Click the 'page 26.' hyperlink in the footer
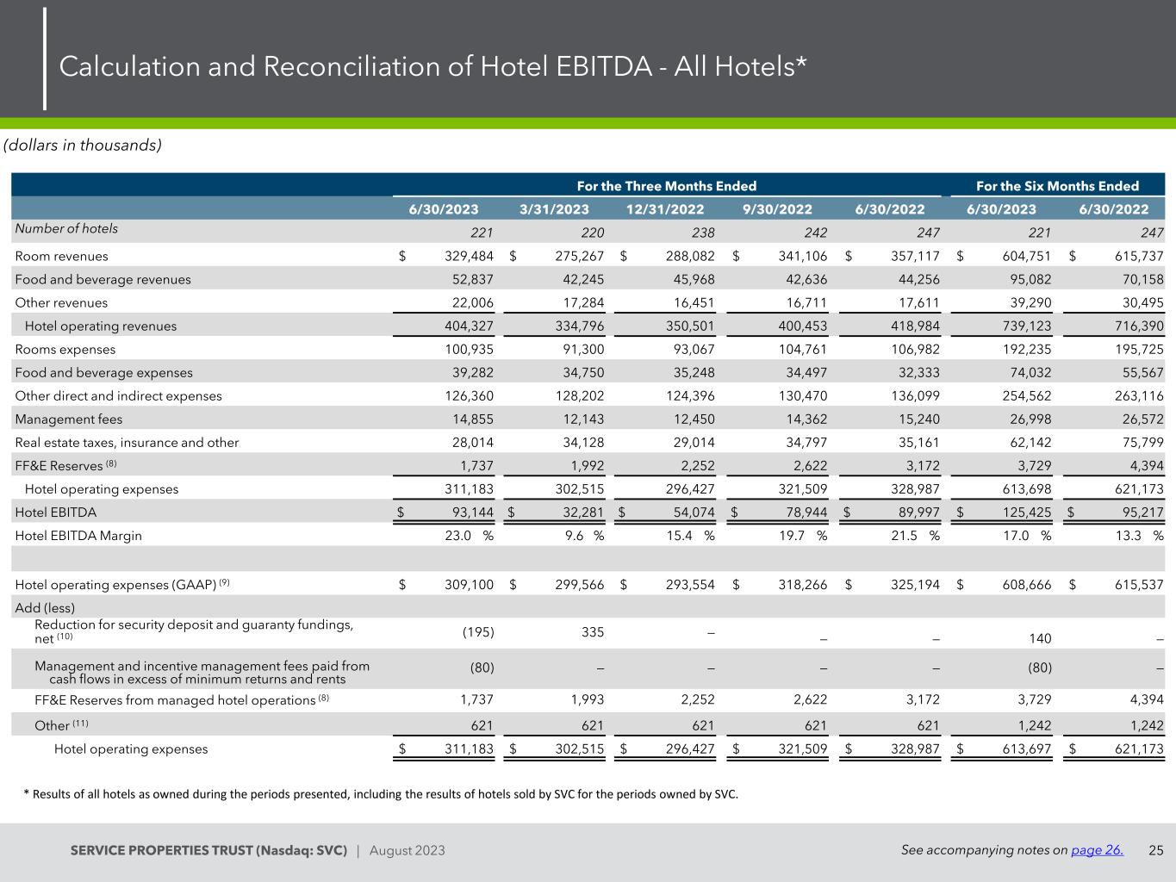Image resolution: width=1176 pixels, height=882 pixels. pos(1097,850)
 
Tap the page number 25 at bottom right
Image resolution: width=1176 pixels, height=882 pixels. pos(1156,850)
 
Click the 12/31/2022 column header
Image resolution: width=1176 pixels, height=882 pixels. pos(665,209)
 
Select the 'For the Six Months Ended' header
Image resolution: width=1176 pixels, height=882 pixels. pos(1057,186)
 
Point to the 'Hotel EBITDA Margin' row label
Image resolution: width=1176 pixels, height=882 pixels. pos(78,536)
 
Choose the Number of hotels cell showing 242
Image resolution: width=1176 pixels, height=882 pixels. pos(812,233)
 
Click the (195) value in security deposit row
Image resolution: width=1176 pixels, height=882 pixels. pos(478,631)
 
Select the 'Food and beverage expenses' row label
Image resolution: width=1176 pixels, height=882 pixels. pos(103,373)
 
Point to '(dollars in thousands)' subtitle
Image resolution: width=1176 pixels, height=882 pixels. pos(83,145)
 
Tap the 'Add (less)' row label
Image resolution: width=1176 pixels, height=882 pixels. pos(45,607)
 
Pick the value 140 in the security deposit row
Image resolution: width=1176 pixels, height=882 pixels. pos(1040,639)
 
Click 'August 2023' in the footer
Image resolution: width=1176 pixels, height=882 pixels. pos(408,851)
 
